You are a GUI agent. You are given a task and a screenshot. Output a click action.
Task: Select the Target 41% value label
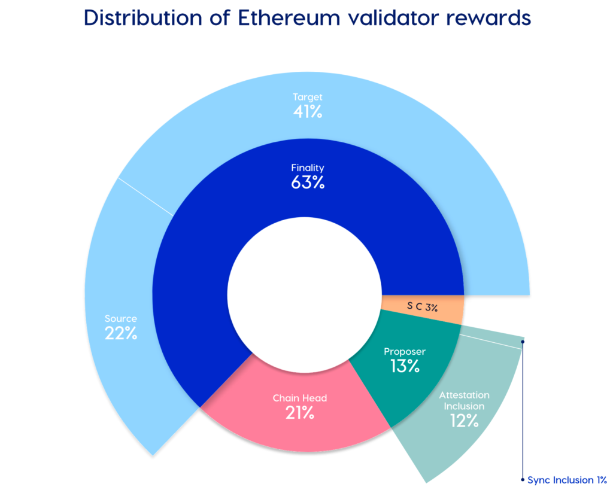point(308,111)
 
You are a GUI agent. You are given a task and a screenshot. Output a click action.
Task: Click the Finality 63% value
point(308,183)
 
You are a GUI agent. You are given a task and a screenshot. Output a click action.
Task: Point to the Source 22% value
point(121,334)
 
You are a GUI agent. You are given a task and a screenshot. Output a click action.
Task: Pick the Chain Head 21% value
point(300,412)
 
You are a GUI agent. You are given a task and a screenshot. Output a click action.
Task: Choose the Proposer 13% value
point(405,366)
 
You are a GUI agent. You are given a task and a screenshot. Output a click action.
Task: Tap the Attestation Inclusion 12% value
point(464,421)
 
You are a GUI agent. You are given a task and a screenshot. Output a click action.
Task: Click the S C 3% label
point(423,308)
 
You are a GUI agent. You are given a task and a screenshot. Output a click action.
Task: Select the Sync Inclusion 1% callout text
point(568,480)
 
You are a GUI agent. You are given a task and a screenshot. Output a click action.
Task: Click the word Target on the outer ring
point(308,96)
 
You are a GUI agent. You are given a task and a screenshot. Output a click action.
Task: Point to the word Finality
point(308,168)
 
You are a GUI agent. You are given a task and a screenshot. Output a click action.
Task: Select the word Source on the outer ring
point(121,318)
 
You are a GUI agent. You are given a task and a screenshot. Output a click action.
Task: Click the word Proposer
point(405,351)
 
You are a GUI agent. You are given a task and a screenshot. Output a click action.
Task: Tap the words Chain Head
point(300,398)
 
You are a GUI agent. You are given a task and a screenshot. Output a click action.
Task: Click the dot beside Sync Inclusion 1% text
point(523,480)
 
